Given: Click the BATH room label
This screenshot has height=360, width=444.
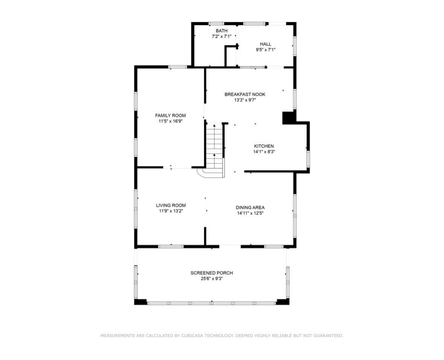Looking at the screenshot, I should (221, 31).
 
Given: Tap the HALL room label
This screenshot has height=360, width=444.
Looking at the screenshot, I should (265, 44).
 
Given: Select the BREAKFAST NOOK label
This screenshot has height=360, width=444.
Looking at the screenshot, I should (245, 94).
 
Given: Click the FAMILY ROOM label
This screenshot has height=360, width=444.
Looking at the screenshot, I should (170, 116).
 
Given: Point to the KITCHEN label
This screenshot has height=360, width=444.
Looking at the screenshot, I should (264, 146).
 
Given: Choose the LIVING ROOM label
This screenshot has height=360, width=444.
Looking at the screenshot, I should (171, 205).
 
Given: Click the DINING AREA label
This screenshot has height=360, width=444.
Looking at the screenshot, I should (250, 207).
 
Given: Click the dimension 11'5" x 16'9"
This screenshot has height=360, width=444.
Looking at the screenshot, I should (170, 122).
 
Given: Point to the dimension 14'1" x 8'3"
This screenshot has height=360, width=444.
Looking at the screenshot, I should (264, 152).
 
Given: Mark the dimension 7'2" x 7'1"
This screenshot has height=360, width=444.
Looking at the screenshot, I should (221, 37).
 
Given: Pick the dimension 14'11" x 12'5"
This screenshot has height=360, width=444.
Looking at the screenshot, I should (250, 213).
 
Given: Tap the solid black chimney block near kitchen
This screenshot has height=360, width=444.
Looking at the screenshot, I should (289, 117).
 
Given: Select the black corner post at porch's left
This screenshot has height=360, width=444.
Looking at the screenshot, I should (140, 302).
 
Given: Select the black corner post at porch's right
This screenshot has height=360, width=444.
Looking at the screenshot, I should (282, 302).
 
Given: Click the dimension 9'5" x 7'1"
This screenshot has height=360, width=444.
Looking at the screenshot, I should (265, 50).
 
